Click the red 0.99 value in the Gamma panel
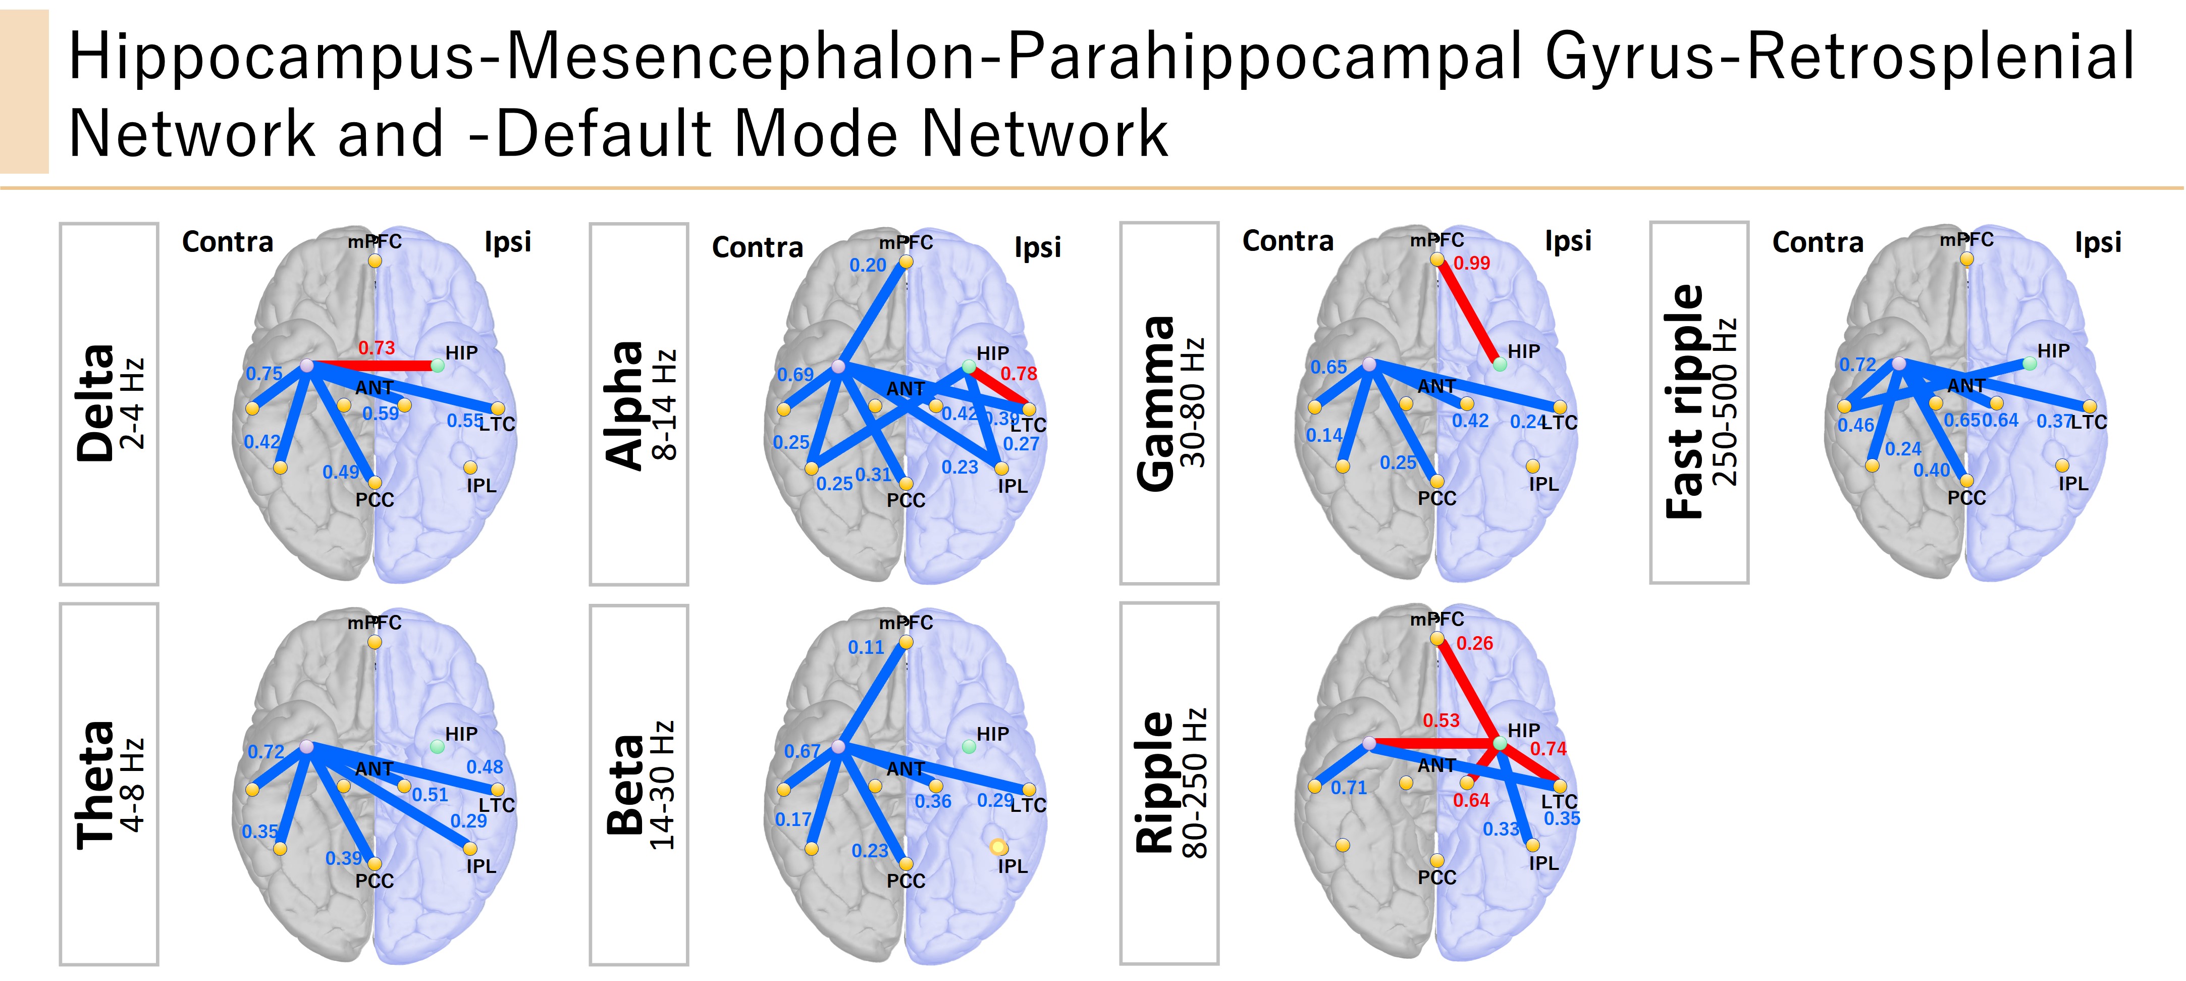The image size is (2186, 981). pyautogui.click(x=1471, y=263)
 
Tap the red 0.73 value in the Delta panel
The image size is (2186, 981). pyautogui.click(x=376, y=348)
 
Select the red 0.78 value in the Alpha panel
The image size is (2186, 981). pyautogui.click(x=1019, y=374)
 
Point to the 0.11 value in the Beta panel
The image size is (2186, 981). pyautogui.click(x=866, y=647)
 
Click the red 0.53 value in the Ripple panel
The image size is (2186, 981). pyautogui.click(x=1441, y=720)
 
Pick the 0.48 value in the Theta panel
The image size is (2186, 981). pyautogui.click(x=485, y=767)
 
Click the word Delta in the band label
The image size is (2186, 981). pyautogui.click(x=95, y=403)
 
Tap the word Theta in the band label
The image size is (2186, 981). pyautogui.click(x=95, y=785)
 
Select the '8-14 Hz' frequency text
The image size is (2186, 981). pyautogui.click(x=664, y=404)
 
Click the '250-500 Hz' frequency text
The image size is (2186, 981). pyautogui.click(x=1725, y=401)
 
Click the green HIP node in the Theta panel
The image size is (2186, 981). pyautogui.click(x=437, y=747)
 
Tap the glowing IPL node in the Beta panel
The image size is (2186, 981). pyautogui.click(x=998, y=847)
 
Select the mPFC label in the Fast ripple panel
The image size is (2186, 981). pyautogui.click(x=1966, y=240)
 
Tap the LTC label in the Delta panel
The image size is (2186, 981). pyautogui.click(x=497, y=424)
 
